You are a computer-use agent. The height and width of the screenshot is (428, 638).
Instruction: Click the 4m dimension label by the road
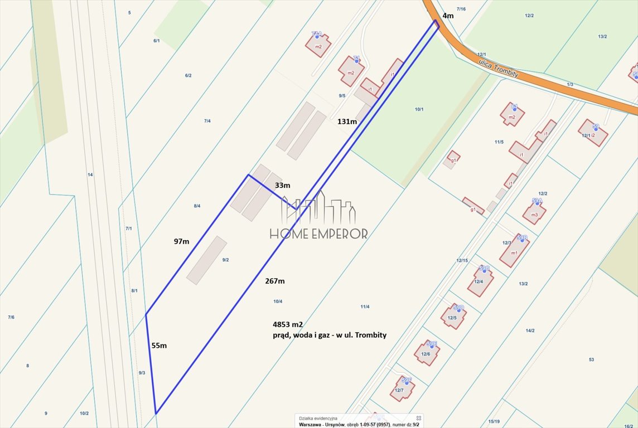448,16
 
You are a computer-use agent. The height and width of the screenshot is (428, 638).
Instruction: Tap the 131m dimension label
347,121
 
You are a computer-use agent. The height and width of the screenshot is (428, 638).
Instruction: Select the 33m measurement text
283,185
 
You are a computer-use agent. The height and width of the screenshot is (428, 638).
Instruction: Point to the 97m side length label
181,241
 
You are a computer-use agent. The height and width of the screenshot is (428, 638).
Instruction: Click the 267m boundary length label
275,281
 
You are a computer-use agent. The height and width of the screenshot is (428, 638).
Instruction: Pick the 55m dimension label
159,346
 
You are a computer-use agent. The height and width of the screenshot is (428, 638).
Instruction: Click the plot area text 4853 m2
287,324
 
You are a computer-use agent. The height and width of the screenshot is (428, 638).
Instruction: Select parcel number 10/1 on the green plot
419,109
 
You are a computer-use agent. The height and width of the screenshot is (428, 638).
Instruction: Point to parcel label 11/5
499,142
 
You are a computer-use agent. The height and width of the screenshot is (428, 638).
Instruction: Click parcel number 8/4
197,206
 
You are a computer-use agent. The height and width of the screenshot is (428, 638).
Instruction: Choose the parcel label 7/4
207,121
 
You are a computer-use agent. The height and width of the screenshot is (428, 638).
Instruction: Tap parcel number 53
591,359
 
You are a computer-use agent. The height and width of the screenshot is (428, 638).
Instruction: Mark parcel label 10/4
278,301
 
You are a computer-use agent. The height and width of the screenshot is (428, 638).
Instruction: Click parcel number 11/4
365,307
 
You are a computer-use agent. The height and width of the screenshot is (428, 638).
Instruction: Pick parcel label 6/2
188,76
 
